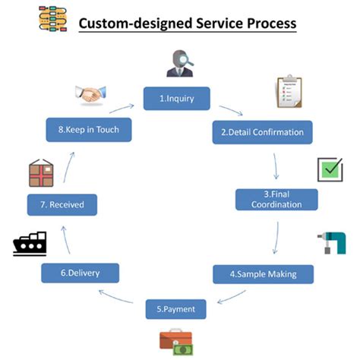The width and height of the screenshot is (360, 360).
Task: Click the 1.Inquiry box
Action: [176, 99]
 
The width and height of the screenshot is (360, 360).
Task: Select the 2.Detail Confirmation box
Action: [262, 132]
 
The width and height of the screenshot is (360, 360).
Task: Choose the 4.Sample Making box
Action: [264, 273]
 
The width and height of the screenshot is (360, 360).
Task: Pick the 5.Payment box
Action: [176, 309]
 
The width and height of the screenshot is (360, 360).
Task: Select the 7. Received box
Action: [62, 204]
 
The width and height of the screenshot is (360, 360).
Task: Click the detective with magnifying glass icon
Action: [179, 62]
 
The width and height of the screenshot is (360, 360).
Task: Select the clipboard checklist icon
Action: [289, 91]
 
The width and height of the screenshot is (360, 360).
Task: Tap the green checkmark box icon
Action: [330, 169]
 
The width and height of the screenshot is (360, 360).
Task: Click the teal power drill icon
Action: [332, 242]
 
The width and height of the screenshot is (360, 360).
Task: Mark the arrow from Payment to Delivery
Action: [122, 295]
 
